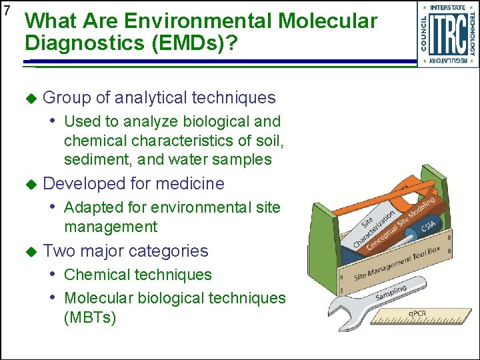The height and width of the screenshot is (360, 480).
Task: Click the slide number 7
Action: (7, 11)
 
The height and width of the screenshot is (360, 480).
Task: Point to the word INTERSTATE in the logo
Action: (448, 8)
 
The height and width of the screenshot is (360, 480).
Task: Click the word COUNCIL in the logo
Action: (424, 34)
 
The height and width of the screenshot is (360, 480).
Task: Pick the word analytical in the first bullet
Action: (151, 98)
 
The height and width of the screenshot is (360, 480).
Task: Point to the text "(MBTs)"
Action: (90, 317)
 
